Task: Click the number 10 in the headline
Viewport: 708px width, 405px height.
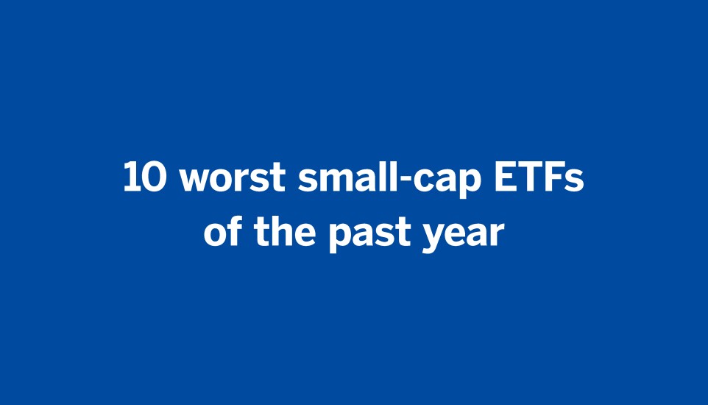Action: click(x=146, y=179)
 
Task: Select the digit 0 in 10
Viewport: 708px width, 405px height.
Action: click(x=155, y=179)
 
